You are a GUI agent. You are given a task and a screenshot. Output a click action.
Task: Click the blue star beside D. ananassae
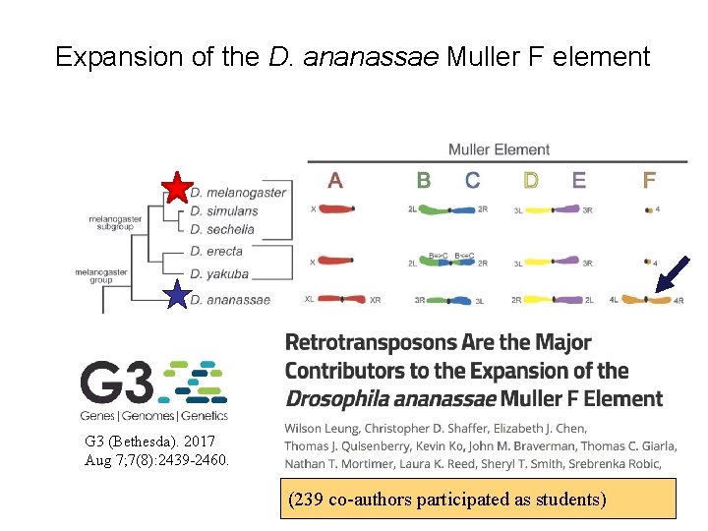177,294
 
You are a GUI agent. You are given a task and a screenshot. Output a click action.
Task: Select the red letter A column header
335,181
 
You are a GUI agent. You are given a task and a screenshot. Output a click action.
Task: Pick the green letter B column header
423,181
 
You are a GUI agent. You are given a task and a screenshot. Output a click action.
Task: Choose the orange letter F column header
649,181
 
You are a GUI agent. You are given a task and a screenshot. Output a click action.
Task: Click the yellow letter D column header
531,181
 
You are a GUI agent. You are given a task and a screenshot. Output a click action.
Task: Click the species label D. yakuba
220,274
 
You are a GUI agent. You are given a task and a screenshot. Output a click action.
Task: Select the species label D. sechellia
222,229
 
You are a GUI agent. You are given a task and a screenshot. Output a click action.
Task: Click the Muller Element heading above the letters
499,149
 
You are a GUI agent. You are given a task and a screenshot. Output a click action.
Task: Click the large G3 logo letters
116,381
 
